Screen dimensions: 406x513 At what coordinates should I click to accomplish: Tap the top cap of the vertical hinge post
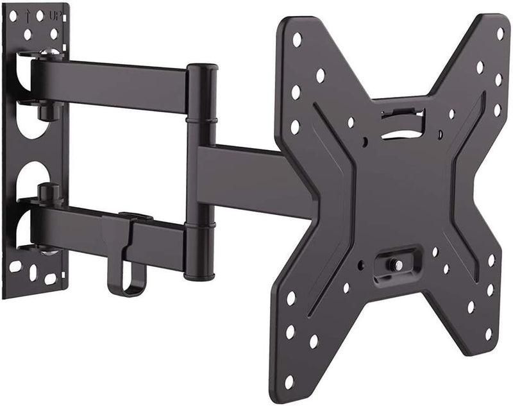click(x=201, y=67)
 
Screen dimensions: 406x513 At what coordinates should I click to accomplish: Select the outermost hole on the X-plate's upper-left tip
click(x=297, y=40)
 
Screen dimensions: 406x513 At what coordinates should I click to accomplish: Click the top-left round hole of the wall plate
click(x=28, y=32)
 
